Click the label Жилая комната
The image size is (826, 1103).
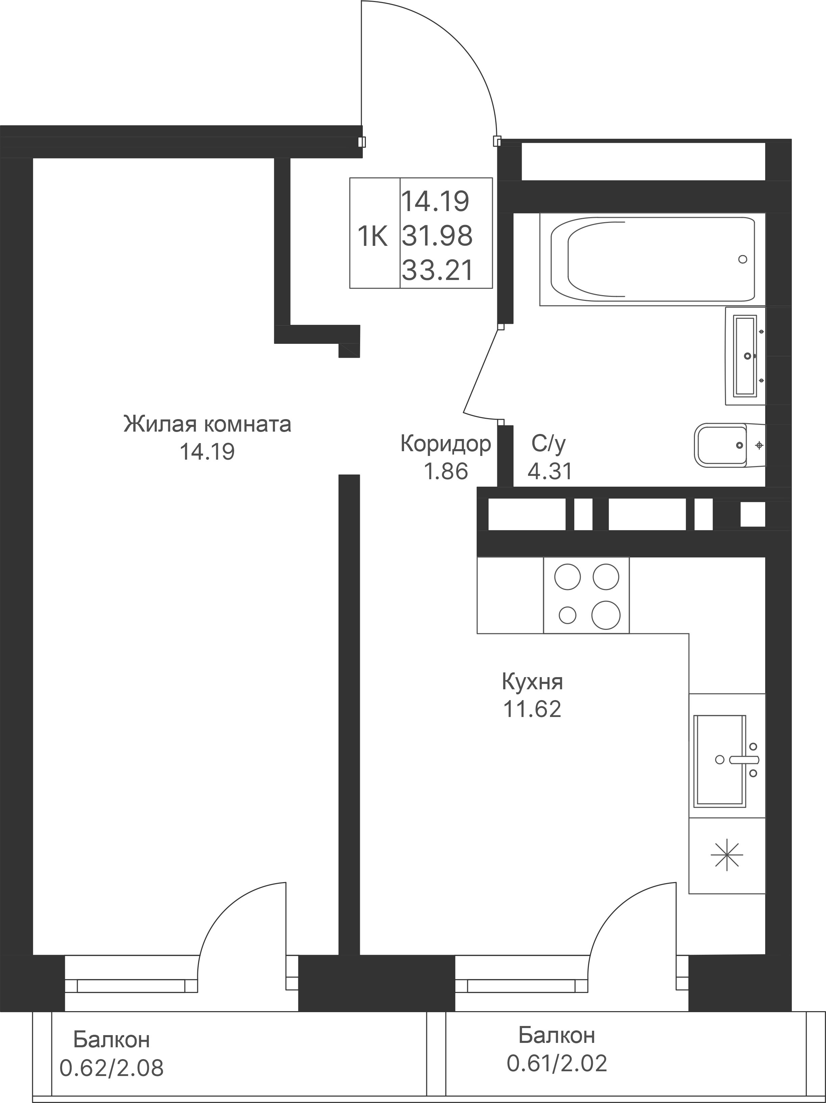point(207,424)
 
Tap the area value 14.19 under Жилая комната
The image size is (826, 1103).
point(207,452)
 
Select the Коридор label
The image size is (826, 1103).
point(445,444)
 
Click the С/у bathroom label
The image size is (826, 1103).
point(549,443)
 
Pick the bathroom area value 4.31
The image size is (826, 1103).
point(550,471)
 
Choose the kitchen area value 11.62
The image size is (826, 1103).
point(532,709)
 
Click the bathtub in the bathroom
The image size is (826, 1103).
point(652,259)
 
